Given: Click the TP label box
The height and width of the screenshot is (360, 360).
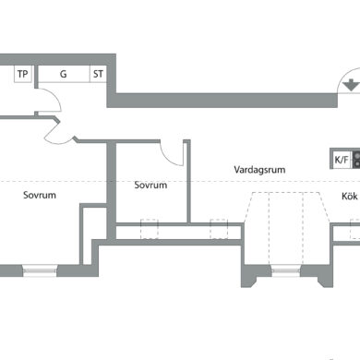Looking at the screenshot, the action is [23, 74].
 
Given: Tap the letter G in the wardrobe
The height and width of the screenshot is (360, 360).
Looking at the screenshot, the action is [63, 74].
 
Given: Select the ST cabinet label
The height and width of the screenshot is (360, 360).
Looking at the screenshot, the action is [98, 74].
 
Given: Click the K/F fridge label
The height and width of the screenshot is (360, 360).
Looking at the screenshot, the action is [342, 160].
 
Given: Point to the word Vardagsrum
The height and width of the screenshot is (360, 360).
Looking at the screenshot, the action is [259, 170].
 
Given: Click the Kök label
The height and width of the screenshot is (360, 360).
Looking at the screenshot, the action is [350, 196].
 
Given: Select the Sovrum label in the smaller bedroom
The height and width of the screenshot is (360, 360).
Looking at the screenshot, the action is [150, 185].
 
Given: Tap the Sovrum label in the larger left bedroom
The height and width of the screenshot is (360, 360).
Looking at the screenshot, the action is [40, 195].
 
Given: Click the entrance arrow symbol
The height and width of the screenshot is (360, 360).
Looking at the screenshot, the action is [351, 85].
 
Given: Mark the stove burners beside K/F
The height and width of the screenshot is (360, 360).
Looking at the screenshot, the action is [356, 160].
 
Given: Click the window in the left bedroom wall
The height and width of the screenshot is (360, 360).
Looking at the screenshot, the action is [40, 270].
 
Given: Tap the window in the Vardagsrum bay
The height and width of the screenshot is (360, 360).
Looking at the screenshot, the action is [286, 270].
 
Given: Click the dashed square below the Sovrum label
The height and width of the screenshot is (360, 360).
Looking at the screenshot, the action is [150, 229].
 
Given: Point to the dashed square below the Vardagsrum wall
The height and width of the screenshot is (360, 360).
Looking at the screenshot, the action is [219, 229].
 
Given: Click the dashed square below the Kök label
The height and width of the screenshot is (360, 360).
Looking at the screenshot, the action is [354, 229].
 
